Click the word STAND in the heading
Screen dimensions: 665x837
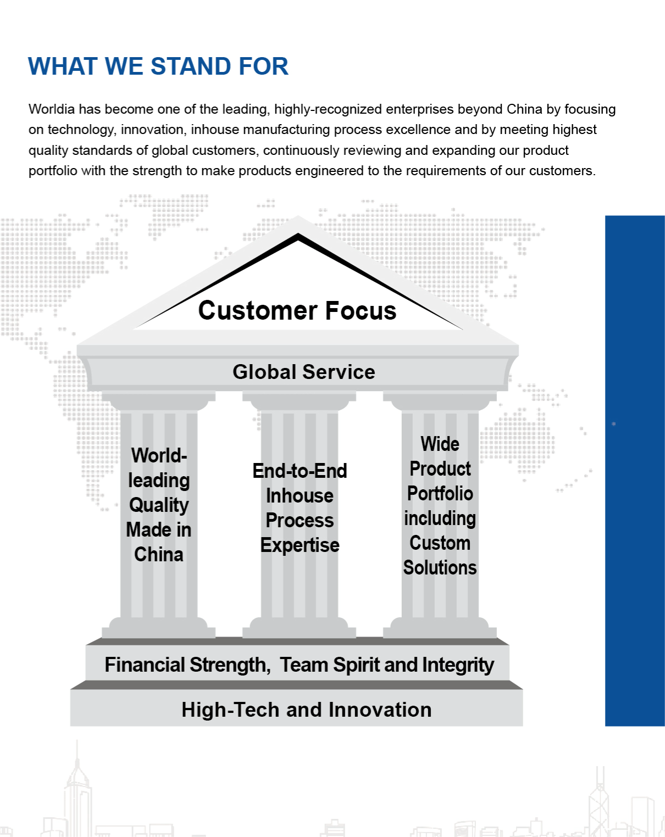(190, 66)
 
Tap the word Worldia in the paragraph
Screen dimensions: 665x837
(52, 109)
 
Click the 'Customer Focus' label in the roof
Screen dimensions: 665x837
(297, 310)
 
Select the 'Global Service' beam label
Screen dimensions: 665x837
(304, 372)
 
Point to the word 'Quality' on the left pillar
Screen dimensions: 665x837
(159, 505)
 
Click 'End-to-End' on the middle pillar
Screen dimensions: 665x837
(300, 471)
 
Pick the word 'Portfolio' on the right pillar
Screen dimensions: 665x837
(440, 494)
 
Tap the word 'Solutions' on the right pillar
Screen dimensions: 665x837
(440, 568)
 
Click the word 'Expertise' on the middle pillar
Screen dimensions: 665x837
(300, 545)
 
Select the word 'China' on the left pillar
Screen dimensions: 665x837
(159, 555)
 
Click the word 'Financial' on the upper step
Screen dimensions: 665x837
(145, 665)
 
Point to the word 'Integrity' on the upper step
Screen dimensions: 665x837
(458, 665)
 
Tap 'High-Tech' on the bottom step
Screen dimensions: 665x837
(230, 710)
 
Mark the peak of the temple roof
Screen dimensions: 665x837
(298, 216)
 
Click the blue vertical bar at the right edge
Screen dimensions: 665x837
(635, 471)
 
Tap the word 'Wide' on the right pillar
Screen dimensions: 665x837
(440, 444)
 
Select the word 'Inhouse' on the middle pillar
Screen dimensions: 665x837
(300, 496)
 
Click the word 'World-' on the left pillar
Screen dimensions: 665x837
(159, 455)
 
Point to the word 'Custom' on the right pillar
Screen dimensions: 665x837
(440, 543)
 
